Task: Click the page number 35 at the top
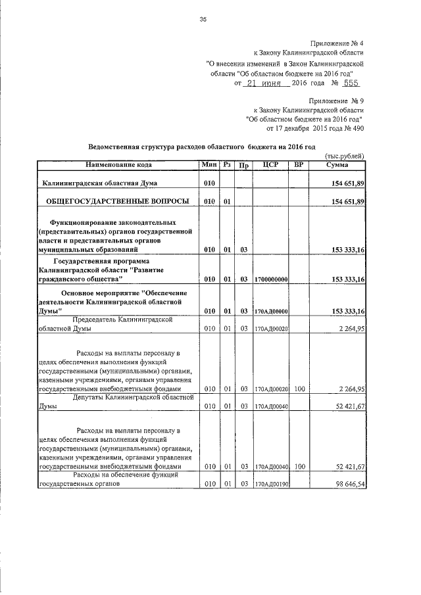pyautogui.click(x=203, y=20)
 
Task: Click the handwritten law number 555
pyautogui.click(x=349, y=84)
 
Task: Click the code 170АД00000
pyautogui.click(x=271, y=310)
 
